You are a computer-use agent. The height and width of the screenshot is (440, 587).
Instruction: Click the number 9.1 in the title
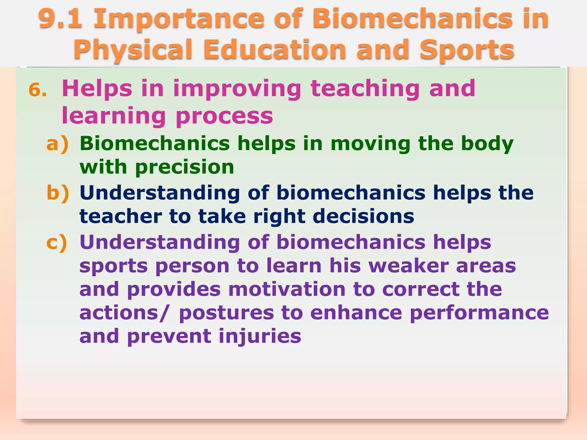[x=60, y=19]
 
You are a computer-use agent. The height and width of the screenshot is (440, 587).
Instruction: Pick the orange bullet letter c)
[x=57, y=242]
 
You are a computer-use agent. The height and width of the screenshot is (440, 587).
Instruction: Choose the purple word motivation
[x=287, y=289]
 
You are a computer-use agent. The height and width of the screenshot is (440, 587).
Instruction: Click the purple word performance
[x=479, y=313]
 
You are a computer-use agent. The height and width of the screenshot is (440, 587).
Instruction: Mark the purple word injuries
[x=260, y=336]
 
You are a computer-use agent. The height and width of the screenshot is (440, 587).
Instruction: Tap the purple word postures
[x=226, y=313]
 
